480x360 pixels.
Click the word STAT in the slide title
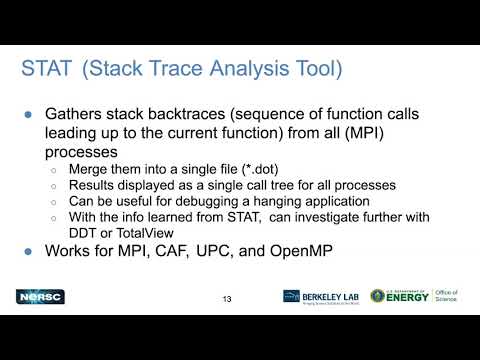coord(46,69)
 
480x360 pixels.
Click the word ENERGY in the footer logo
coord(407,298)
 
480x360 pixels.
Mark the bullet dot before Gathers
coord(28,113)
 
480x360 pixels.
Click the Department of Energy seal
coord(378,297)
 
